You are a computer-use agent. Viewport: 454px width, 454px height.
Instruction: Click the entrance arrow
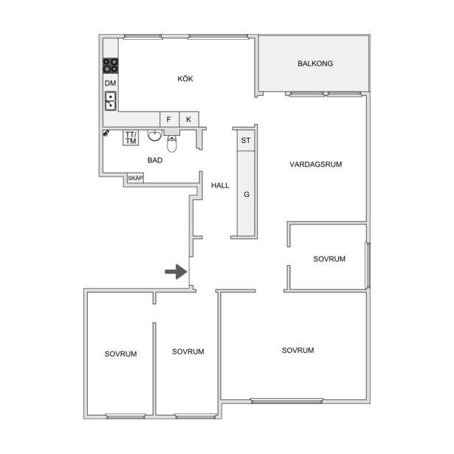176,272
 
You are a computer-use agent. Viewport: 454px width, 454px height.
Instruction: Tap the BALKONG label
315,63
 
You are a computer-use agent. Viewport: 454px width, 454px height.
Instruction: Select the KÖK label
185,78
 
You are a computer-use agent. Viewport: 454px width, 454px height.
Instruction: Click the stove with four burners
111,66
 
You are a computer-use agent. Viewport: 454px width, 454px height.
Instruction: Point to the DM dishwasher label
110,83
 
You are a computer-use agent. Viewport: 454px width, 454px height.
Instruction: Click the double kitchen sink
111,100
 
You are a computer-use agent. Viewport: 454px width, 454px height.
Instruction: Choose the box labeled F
169,120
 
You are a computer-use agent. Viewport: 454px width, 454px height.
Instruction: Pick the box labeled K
189,120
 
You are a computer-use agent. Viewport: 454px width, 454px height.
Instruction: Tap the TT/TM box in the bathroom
131,138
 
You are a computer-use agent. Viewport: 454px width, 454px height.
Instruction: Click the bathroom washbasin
154,136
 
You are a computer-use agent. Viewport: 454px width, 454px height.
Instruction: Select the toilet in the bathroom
172,143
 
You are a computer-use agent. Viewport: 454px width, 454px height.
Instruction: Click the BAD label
155,160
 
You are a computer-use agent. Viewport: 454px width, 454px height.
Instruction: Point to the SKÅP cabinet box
135,178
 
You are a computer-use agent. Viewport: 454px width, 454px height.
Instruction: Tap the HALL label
220,185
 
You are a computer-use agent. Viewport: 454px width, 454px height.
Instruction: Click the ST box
246,140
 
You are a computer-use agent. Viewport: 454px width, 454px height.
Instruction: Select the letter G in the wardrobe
247,194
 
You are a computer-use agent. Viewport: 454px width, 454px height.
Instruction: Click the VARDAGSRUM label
316,164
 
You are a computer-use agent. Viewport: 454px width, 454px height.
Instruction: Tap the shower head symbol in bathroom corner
106,133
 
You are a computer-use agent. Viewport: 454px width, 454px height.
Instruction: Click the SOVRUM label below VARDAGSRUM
329,259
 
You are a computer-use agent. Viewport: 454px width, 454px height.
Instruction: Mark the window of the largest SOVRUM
286,401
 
